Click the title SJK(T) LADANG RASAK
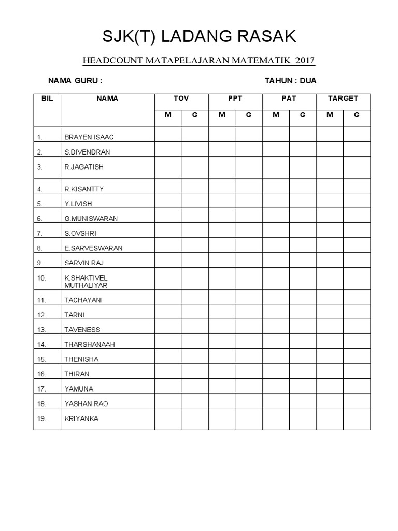click(x=199, y=37)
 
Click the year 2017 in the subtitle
click(x=305, y=61)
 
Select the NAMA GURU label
click(x=75, y=81)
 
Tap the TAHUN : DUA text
click(x=290, y=81)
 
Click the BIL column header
click(x=47, y=99)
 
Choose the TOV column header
click(x=181, y=99)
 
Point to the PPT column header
click(x=235, y=99)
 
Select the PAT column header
click(x=289, y=99)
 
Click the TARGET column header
click(x=343, y=99)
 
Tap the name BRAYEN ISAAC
click(x=89, y=137)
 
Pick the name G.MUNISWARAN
click(x=91, y=219)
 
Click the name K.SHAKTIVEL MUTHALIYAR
click(x=86, y=282)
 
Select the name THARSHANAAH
click(x=90, y=344)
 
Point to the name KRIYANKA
click(x=81, y=419)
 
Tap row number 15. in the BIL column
click(x=41, y=359)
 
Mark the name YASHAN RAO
click(x=86, y=403)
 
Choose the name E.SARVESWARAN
click(x=93, y=248)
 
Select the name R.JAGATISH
click(x=84, y=167)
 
